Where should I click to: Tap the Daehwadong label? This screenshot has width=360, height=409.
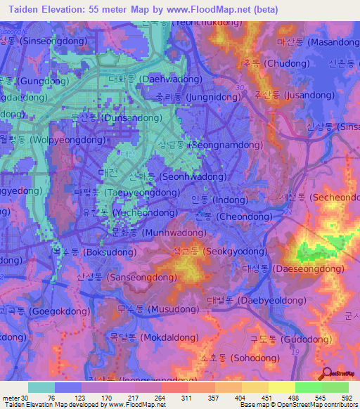(147, 79)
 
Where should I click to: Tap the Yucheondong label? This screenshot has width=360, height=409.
(131, 212)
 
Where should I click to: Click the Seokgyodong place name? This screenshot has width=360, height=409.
(217, 250)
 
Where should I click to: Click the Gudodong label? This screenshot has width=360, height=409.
(281, 339)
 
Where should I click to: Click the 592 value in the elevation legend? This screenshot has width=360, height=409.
(347, 397)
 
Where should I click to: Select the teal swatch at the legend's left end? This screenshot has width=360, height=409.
(41, 387)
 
